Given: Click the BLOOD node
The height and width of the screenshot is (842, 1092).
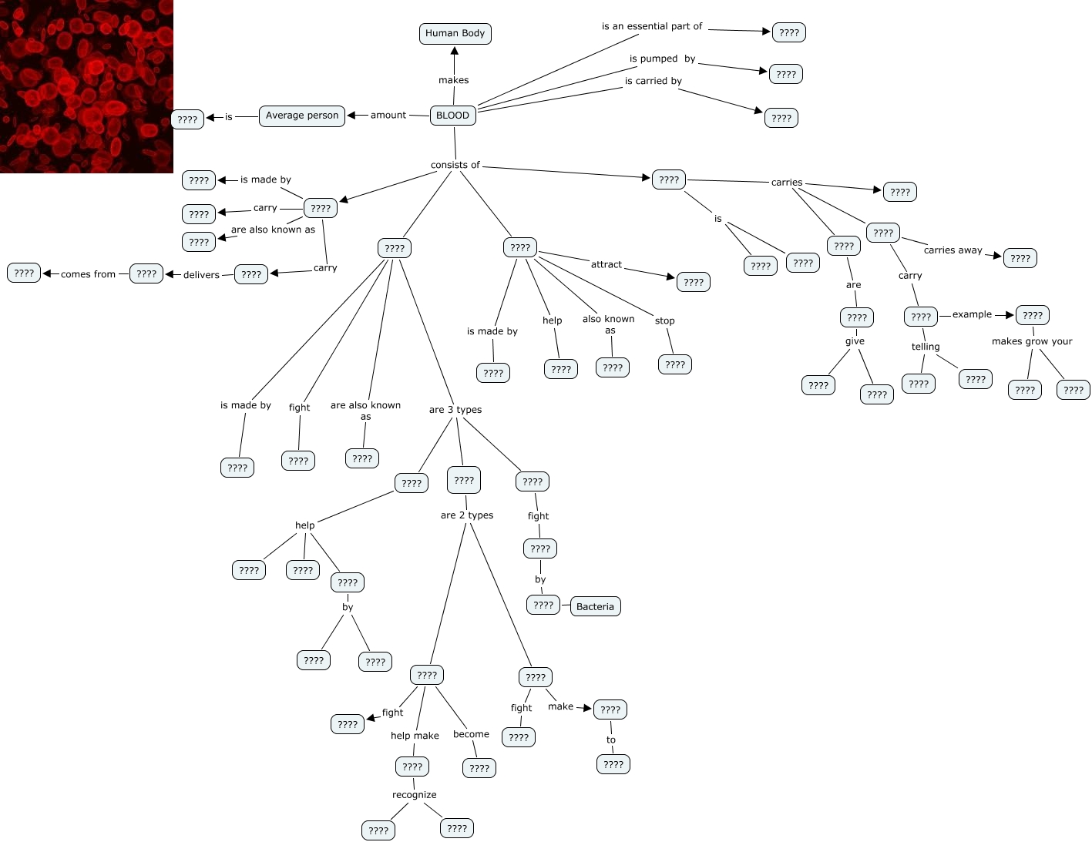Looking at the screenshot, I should click(x=452, y=115).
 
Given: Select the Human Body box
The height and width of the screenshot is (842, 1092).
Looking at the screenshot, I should click(x=455, y=33).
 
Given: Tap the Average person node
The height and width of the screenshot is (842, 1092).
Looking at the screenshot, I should click(x=301, y=116).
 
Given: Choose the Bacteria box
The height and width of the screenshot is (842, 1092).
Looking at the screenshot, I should click(x=595, y=606).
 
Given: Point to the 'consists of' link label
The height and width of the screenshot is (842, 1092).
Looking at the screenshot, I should click(x=455, y=165).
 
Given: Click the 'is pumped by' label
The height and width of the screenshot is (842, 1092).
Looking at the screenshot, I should click(x=662, y=59).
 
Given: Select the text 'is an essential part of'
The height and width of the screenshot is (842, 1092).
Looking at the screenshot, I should click(x=651, y=26).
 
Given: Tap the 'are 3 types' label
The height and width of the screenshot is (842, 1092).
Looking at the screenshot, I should click(x=455, y=410).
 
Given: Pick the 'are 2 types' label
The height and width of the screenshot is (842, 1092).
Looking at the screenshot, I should click(x=466, y=515).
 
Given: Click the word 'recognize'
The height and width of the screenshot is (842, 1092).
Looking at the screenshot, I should click(x=414, y=795).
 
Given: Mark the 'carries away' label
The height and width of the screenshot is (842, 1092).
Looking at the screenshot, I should click(x=953, y=250).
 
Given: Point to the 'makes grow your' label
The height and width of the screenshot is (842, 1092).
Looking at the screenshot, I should click(x=1031, y=341).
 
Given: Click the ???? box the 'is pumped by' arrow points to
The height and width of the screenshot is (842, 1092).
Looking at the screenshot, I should click(x=785, y=74).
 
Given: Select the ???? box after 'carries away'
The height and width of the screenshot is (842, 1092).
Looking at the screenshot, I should click(x=1020, y=258).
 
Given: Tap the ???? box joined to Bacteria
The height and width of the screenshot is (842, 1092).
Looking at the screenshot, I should click(x=543, y=605).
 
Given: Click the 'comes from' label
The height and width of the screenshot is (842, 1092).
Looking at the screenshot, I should click(x=88, y=274).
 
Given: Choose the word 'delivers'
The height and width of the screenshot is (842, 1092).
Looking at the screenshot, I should click(x=201, y=275).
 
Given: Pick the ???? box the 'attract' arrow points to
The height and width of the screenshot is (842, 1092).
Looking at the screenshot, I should click(x=693, y=282).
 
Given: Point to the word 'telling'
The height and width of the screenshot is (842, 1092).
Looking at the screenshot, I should click(x=925, y=347).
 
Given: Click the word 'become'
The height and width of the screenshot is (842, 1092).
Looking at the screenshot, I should click(x=471, y=734).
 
